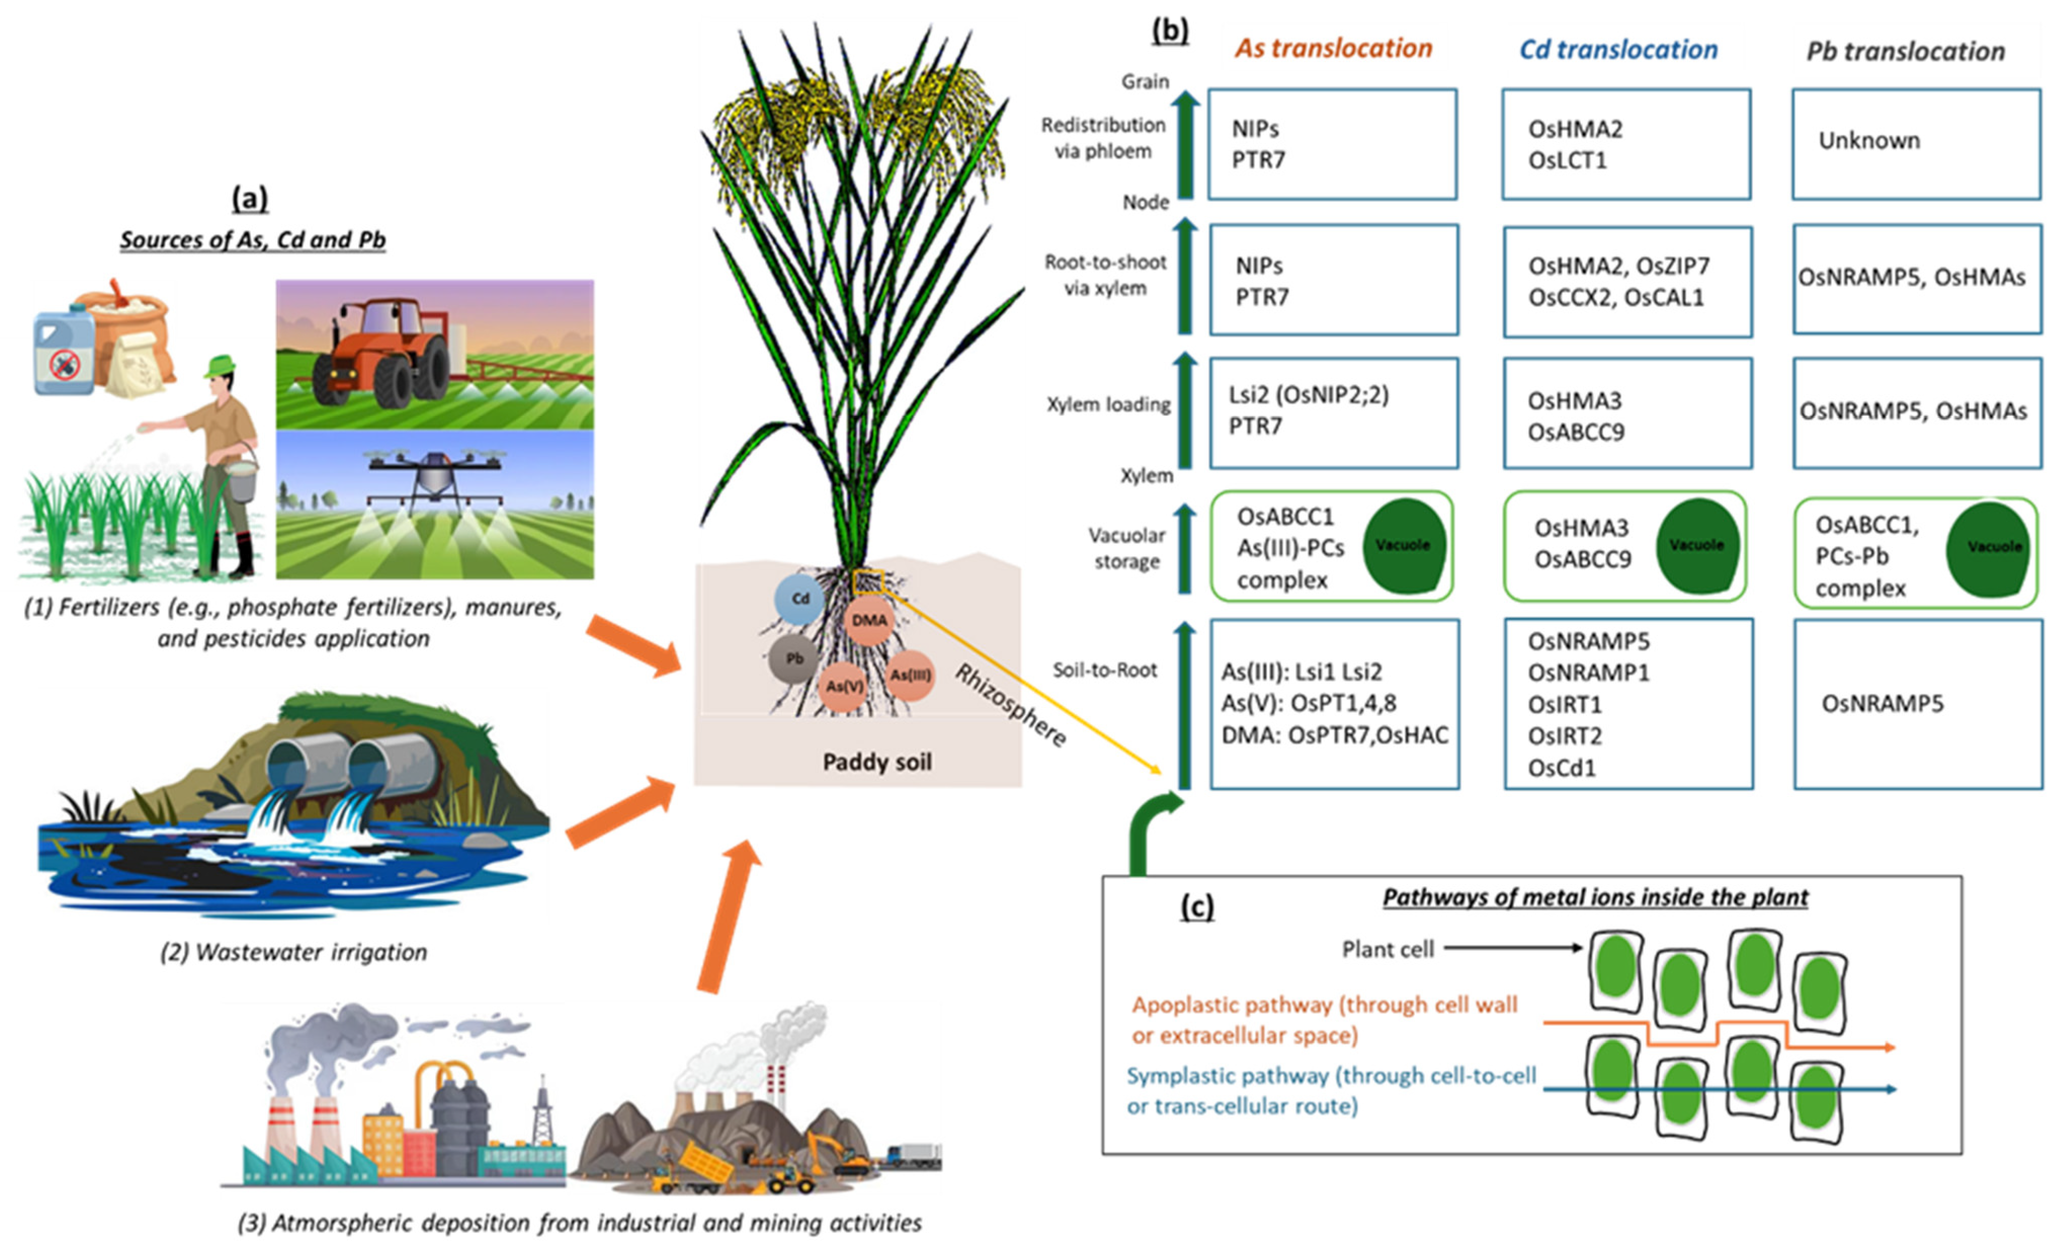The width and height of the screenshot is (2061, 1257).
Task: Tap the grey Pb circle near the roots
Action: coord(794,659)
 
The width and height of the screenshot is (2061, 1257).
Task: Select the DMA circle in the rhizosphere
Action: coord(869,620)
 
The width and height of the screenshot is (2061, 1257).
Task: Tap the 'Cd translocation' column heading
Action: coord(1618,50)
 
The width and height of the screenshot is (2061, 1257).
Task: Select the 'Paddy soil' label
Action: coord(877,762)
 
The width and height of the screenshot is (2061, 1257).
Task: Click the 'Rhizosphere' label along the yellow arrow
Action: coord(1010,704)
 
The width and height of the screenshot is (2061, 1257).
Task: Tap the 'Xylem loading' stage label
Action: coord(1108,404)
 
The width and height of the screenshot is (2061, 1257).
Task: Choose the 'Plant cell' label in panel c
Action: coord(1388,949)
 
